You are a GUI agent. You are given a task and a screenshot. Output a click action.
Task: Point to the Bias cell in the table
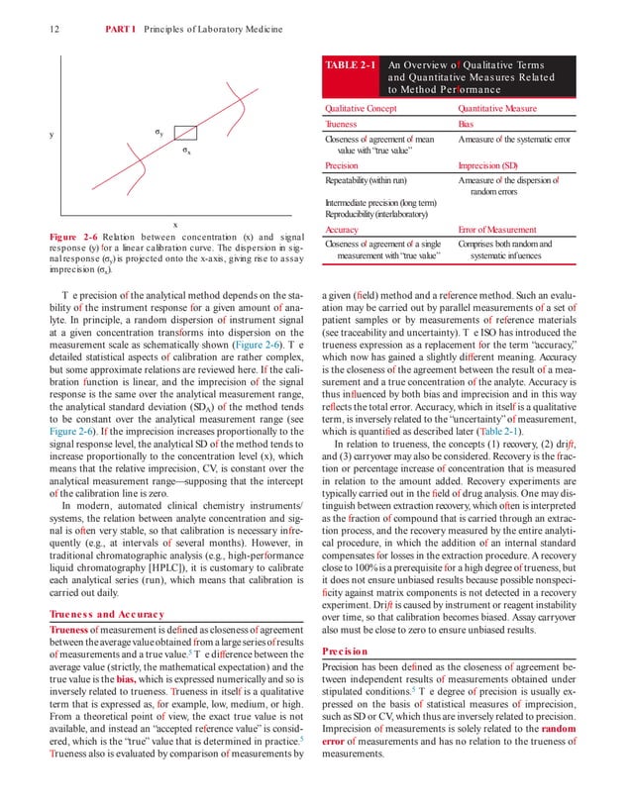pos(466,125)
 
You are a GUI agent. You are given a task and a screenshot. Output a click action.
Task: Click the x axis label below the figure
pos(174,225)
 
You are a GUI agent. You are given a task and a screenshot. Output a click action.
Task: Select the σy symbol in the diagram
pos(158,131)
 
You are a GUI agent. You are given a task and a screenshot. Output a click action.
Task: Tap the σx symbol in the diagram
pos(185,151)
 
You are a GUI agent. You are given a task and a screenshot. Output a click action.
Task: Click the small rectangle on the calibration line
pos(184,133)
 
